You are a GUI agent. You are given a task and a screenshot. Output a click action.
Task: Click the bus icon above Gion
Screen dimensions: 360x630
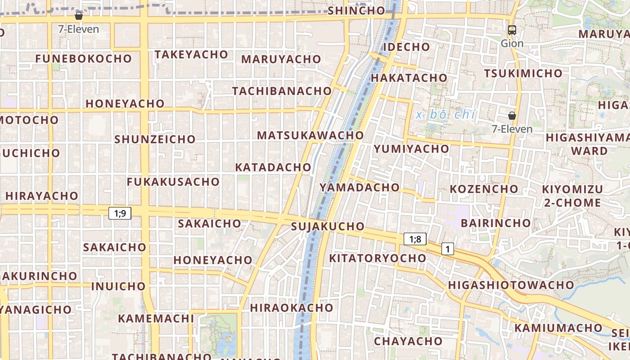(512, 30)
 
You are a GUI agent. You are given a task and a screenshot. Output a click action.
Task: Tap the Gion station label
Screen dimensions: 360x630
(512, 44)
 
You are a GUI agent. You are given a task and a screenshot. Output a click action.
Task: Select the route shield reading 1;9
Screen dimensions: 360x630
(120, 213)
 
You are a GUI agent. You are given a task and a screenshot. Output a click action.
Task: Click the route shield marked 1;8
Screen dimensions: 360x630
(415, 239)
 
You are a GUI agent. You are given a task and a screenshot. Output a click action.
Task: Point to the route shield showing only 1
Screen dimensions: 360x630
(447, 248)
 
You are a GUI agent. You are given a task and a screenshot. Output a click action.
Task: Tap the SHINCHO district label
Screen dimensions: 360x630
(356, 11)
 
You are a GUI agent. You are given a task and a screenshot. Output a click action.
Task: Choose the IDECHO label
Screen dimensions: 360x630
(406, 47)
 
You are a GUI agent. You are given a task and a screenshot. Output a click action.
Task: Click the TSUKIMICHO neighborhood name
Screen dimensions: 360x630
(523, 73)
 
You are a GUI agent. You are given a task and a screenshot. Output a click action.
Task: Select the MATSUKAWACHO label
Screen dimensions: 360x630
(310, 135)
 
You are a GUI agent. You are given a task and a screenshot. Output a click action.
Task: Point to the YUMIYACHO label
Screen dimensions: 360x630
(411, 148)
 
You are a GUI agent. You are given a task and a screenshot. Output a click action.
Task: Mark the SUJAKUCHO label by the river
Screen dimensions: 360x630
(328, 226)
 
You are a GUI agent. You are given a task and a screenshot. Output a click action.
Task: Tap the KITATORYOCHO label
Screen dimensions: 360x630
(378, 258)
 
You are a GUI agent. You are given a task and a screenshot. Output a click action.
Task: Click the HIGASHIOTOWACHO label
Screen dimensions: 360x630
(511, 285)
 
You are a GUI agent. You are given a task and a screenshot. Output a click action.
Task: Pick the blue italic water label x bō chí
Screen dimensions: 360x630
(445, 115)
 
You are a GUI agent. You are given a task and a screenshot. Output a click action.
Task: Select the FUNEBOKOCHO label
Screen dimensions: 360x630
(84, 58)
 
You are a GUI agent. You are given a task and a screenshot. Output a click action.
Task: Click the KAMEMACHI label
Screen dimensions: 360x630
(156, 319)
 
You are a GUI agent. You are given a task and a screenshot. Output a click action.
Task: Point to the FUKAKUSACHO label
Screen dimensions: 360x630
(173, 182)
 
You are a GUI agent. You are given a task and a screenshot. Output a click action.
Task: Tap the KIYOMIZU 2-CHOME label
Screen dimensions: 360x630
(572, 196)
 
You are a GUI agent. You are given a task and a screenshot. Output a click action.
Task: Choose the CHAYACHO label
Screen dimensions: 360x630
(408, 341)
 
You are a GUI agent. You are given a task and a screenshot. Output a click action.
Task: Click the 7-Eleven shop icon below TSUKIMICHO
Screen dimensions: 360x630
(512, 116)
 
